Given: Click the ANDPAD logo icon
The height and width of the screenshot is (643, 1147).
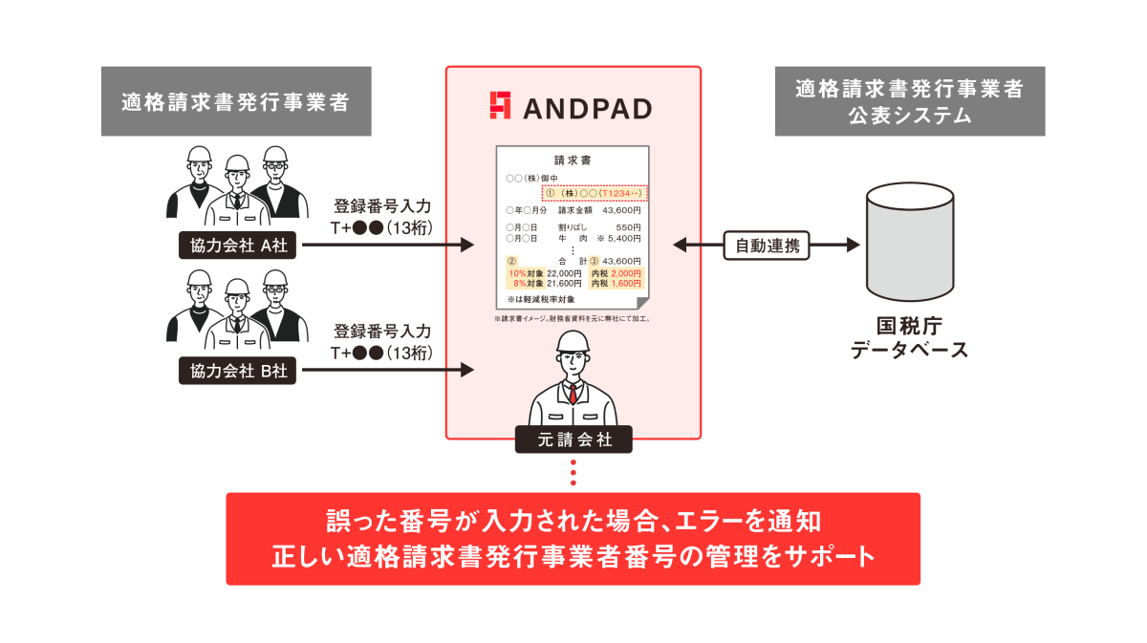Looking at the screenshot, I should (x=500, y=106).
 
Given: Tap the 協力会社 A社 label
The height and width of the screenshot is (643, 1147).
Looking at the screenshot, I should (x=237, y=246).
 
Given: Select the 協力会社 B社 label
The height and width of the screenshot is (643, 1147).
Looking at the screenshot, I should (x=237, y=370).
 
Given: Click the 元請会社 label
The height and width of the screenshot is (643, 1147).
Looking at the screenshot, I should (x=573, y=440).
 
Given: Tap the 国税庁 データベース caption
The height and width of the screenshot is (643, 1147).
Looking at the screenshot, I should (x=909, y=337).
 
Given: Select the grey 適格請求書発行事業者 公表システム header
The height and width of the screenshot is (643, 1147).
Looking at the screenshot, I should (x=909, y=101).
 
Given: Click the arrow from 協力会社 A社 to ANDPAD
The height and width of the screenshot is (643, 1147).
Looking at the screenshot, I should (x=387, y=246).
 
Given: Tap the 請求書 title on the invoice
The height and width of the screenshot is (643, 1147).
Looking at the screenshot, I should (x=573, y=161).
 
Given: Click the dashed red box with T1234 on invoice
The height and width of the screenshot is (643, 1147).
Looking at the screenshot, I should (x=595, y=193).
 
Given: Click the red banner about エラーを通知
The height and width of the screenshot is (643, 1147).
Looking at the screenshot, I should (x=573, y=538).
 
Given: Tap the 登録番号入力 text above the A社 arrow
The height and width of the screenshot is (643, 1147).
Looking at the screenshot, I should (x=381, y=206).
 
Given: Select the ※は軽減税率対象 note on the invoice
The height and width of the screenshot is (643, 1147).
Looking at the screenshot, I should (x=541, y=299).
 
